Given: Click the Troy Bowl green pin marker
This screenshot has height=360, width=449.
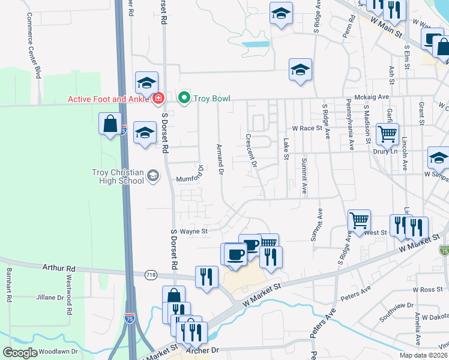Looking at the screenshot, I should pyautogui.click(x=184, y=97).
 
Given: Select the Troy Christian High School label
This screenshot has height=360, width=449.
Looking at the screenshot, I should pyautogui.click(x=118, y=176).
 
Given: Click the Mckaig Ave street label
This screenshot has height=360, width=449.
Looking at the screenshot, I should pyautogui.click(x=375, y=97).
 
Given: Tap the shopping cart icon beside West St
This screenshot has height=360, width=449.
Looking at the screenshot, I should pyautogui.click(x=359, y=220).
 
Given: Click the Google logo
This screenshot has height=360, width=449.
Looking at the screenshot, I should pyautogui.click(x=20, y=352).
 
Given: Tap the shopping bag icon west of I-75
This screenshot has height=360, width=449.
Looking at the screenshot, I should pyautogui.click(x=110, y=124).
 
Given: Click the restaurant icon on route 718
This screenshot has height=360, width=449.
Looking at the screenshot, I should pyautogui.click(x=206, y=276).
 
